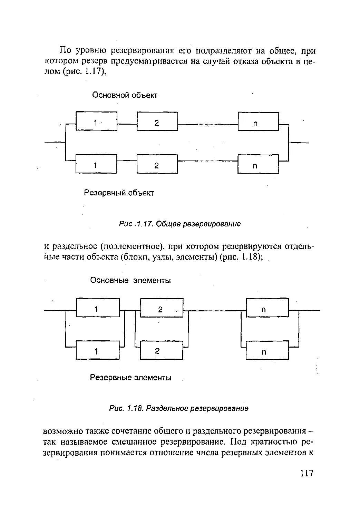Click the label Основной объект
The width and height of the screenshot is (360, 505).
[125, 95]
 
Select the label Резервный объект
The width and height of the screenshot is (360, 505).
[119, 193]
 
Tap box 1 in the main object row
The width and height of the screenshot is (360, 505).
[96, 122]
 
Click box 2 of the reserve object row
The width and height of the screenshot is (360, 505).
[157, 165]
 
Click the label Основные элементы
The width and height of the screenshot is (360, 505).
[131, 280]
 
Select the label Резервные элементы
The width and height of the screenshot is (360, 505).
[131, 378]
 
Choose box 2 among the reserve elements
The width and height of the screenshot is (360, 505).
[161, 350]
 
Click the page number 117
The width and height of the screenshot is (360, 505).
[306, 473]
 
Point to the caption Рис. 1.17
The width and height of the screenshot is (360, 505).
[179, 224]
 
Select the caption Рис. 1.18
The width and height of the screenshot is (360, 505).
[179, 408]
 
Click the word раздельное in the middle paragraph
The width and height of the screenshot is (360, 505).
[71, 247]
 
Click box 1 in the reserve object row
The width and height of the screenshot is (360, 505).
[96, 165]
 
